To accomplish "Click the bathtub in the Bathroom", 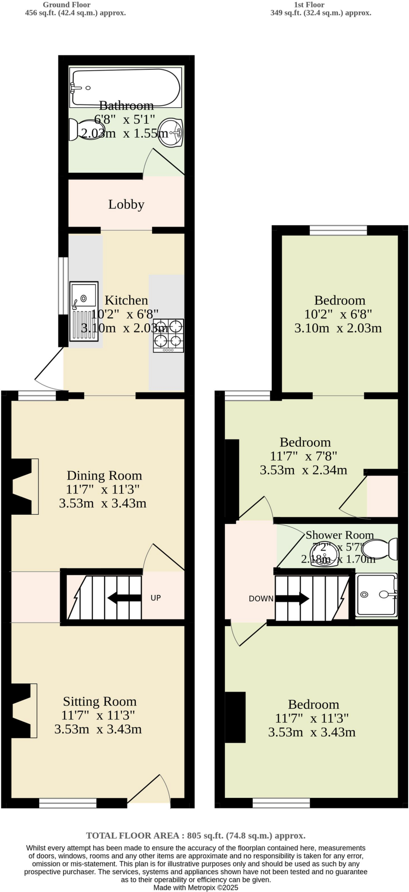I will pos(125,87).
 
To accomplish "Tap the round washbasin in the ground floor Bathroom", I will pos(171,133).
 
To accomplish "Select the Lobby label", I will pos(126,204).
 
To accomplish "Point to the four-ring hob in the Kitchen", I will pos(168,335).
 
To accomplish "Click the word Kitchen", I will pos(126,300).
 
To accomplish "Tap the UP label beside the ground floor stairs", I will pos(155,598).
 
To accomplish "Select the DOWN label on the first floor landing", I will pos(261,598).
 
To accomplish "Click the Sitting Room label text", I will pos(100,701).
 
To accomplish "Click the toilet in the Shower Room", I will pos(381,549).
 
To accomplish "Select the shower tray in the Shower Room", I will pos(376,595).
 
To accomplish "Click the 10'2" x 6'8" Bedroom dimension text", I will pos(338,314).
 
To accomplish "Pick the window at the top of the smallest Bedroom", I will pos(338,230).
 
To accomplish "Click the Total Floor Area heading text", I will pos(195,835).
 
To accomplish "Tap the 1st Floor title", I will pos(309,5).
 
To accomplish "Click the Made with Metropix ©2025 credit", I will pos(195,887).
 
